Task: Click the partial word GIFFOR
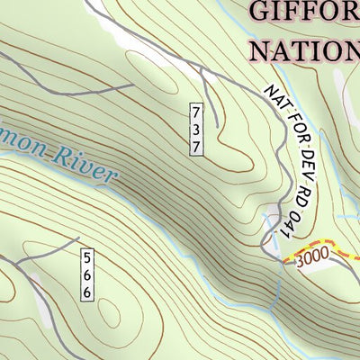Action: point(305,13)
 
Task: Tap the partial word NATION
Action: point(305,49)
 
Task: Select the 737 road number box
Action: point(196,130)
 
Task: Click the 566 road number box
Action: point(87,274)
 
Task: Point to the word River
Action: point(85,165)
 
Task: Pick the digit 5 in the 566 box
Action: point(87,258)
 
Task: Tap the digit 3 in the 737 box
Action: point(196,130)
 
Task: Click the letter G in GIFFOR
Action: point(260,13)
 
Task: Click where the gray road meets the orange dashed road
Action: point(282,261)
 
